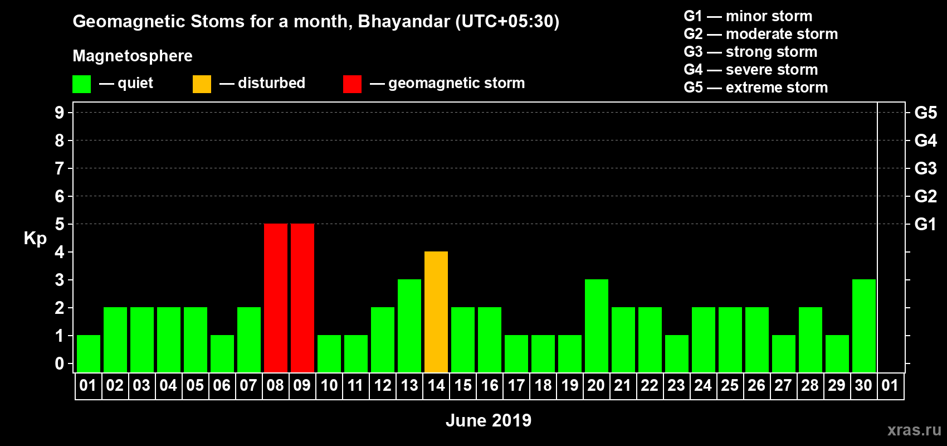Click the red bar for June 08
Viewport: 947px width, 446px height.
276,298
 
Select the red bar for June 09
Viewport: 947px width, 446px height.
302,298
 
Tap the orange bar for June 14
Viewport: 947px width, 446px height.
436,312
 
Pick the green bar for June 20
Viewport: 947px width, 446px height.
597,326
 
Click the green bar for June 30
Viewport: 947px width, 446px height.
863,326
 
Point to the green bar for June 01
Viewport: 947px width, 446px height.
89,354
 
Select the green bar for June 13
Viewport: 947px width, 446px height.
409,326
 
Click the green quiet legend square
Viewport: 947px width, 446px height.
81,84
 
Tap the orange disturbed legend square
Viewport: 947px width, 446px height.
202,84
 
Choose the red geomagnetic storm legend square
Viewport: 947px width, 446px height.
352,84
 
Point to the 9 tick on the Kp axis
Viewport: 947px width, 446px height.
59,113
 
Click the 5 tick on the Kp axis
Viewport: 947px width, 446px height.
59,224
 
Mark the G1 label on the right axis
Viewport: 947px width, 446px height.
925,224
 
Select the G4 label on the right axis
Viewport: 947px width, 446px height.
925,140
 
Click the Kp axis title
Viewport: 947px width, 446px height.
35,239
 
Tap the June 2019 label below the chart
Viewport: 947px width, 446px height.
489,420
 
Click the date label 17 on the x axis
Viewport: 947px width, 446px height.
516,385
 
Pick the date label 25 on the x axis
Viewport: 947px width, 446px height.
730,385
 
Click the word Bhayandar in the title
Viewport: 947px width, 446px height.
404,21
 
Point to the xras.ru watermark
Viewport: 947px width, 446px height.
915,430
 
